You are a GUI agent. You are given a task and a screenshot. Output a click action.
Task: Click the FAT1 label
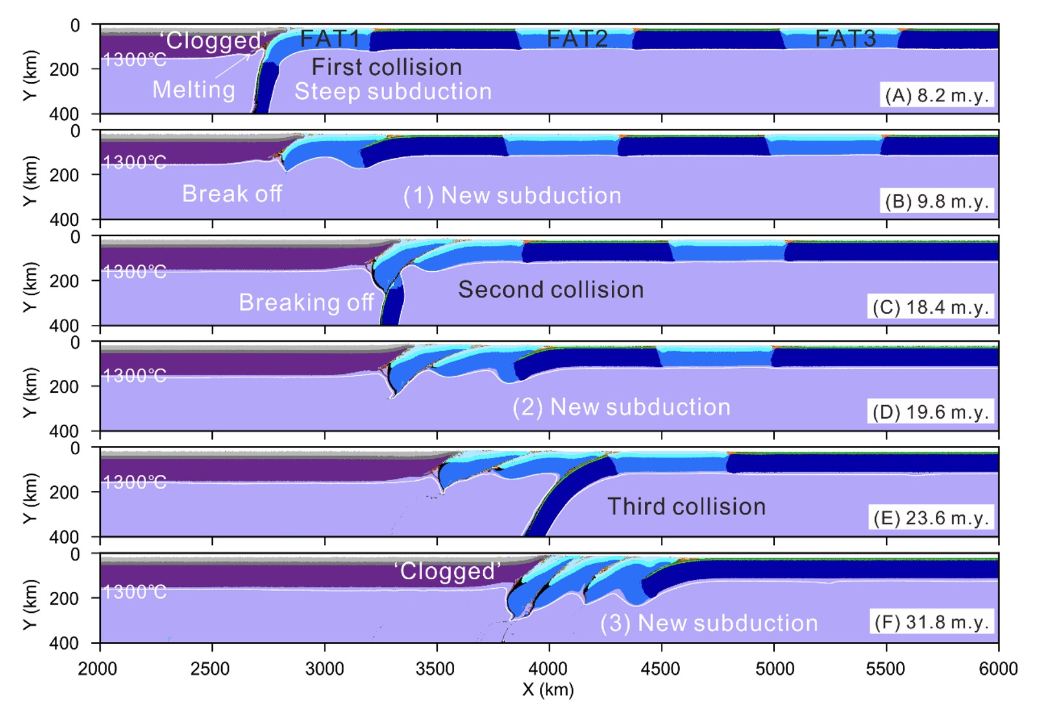coord(329,39)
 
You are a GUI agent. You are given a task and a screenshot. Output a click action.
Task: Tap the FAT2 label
coord(577,39)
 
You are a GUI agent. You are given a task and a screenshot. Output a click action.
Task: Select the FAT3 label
coord(845,39)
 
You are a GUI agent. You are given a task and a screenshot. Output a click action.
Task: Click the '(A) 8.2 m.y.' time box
coord(937,96)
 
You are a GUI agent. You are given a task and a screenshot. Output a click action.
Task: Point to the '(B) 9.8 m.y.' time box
coord(937,202)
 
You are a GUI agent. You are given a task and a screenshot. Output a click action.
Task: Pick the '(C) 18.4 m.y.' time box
coord(931,307)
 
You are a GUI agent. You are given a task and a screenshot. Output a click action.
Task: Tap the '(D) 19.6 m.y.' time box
coord(931,413)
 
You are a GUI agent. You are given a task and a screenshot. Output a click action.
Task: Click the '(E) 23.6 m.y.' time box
coord(931,518)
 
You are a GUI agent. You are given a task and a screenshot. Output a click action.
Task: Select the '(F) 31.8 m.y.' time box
coord(931,622)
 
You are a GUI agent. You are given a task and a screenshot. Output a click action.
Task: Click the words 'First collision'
coord(387,67)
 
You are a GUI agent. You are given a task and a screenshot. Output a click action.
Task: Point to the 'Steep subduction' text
coord(393,92)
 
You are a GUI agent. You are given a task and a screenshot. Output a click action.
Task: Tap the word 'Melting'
coord(193,90)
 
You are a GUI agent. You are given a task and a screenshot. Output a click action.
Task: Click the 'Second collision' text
coord(551,290)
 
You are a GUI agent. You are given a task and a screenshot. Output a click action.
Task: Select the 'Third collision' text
coord(686,507)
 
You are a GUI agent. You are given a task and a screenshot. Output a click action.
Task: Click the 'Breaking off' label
coord(306,303)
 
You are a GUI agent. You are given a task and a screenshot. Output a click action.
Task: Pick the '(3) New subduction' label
coord(709,623)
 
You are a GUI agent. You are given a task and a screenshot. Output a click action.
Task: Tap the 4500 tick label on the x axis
coord(660,669)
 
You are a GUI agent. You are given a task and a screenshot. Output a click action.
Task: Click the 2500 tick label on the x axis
coord(211,669)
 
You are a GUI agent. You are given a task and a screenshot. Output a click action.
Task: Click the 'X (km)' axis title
coord(548,690)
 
